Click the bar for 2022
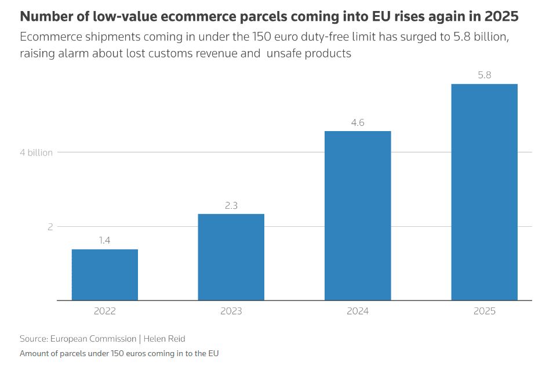tap(105, 274)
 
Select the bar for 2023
tap(231, 257)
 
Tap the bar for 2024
tap(358, 215)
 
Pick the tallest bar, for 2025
tap(484, 192)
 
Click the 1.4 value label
tap(105, 240)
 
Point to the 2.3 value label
tap(231, 205)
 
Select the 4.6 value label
tap(358, 122)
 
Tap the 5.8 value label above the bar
tap(484, 75)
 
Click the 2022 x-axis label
tap(105, 311)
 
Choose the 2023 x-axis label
tap(231, 311)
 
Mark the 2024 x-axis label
tap(358, 311)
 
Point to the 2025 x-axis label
tap(484, 311)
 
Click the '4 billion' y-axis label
tap(36, 153)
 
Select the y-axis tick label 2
tap(50, 227)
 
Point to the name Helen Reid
tap(164, 339)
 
